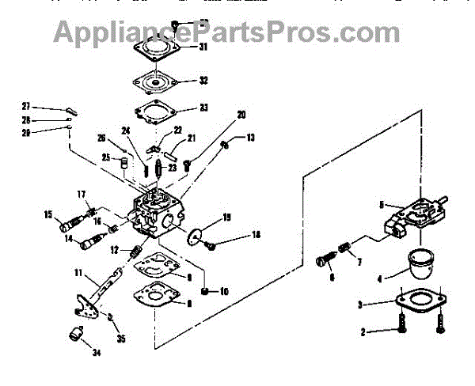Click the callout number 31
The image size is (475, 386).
click(x=203, y=48)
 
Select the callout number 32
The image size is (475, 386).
click(x=203, y=80)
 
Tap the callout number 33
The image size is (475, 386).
click(x=203, y=108)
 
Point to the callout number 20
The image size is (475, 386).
click(x=241, y=115)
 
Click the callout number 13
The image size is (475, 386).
click(x=250, y=138)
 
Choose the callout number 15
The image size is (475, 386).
click(x=48, y=214)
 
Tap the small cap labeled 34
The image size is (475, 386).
click(x=78, y=335)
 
